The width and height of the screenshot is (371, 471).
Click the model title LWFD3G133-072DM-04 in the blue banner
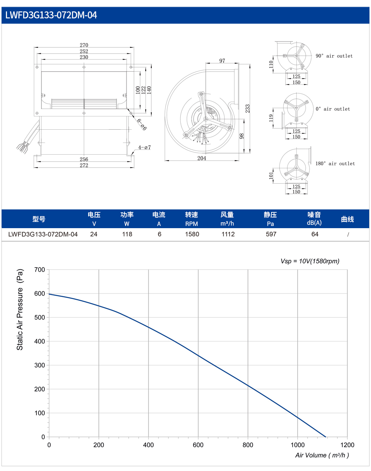click(51, 15)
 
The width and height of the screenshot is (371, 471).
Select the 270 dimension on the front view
click(84, 45)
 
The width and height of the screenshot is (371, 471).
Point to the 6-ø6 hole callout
click(142, 124)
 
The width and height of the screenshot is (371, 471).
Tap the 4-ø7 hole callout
click(144, 147)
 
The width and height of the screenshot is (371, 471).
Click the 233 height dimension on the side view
click(247, 108)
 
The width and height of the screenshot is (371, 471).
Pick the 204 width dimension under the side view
click(202, 158)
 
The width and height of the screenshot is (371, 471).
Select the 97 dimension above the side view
click(222, 61)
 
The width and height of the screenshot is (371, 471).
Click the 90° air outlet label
click(334, 56)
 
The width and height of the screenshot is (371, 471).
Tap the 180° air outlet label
click(335, 163)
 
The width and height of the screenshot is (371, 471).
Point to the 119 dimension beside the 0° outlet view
click(271, 118)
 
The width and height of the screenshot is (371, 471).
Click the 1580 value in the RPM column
click(192, 234)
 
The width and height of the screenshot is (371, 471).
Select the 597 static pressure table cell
click(271, 234)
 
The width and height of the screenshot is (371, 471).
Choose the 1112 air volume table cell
click(228, 234)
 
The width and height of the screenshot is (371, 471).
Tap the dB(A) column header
click(314, 223)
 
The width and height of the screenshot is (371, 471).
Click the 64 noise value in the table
click(315, 234)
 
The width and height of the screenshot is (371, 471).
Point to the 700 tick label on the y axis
click(40, 270)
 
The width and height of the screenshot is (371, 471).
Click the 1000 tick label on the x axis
click(298, 445)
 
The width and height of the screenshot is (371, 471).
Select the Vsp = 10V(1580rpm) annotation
click(310, 261)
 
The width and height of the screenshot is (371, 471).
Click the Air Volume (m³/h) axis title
click(322, 455)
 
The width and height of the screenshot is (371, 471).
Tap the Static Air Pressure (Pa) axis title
click(20, 309)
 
